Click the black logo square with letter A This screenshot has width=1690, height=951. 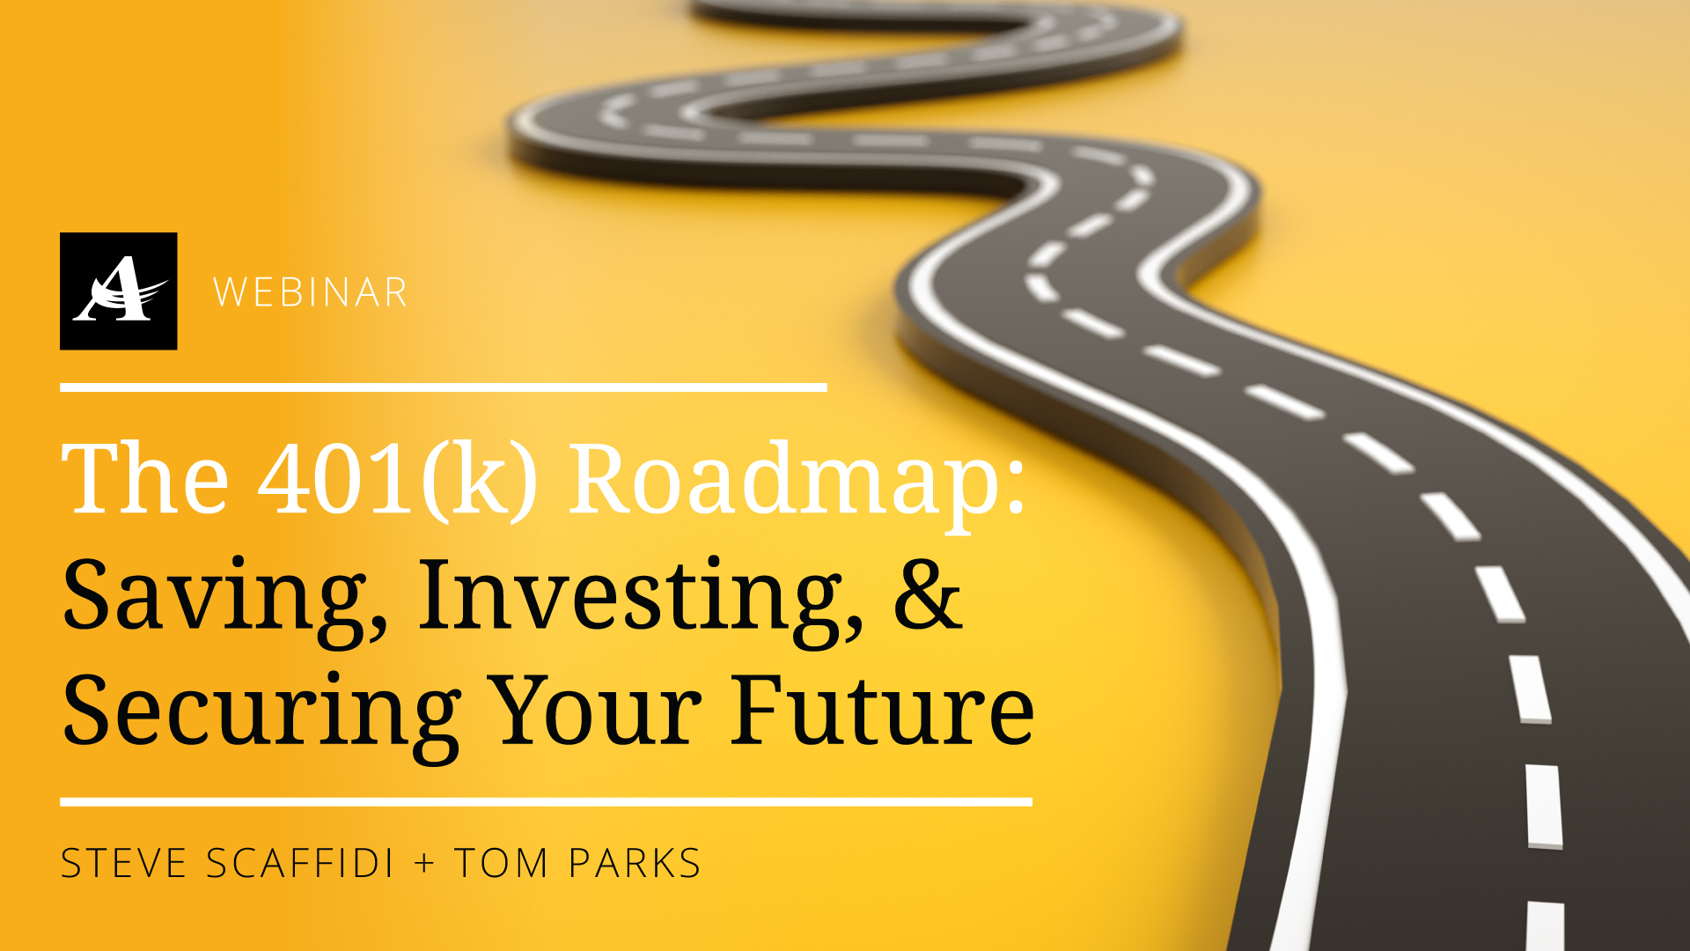point(118,291)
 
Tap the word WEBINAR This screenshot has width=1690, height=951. point(311,293)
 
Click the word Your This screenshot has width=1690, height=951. point(596,710)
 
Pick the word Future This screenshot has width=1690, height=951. point(883,710)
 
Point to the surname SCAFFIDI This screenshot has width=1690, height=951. point(300,863)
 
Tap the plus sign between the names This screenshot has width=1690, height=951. point(425,863)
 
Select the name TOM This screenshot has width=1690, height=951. point(502,863)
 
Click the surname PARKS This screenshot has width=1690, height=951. point(635,863)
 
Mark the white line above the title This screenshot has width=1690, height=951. point(444,387)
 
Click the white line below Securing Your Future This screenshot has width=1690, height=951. point(546,802)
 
